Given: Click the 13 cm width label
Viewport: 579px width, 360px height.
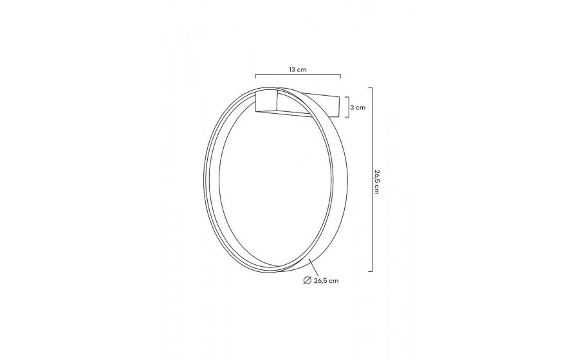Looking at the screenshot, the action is coord(298,69).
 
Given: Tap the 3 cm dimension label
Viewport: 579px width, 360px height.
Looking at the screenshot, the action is coord(358,107).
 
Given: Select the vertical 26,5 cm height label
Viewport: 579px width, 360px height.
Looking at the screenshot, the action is coord(376,182).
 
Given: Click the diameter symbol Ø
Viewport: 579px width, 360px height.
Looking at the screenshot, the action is coord(308,281).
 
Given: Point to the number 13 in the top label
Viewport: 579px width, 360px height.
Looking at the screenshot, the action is coord(292,69).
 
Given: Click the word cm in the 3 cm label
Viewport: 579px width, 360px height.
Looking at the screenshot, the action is coord(360,107).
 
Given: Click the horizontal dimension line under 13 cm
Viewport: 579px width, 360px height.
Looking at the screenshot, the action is coord(298,75).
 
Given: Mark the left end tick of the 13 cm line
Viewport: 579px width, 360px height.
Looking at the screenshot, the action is coord(255,76).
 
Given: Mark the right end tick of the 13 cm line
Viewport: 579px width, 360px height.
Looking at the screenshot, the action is coord(340,76).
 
